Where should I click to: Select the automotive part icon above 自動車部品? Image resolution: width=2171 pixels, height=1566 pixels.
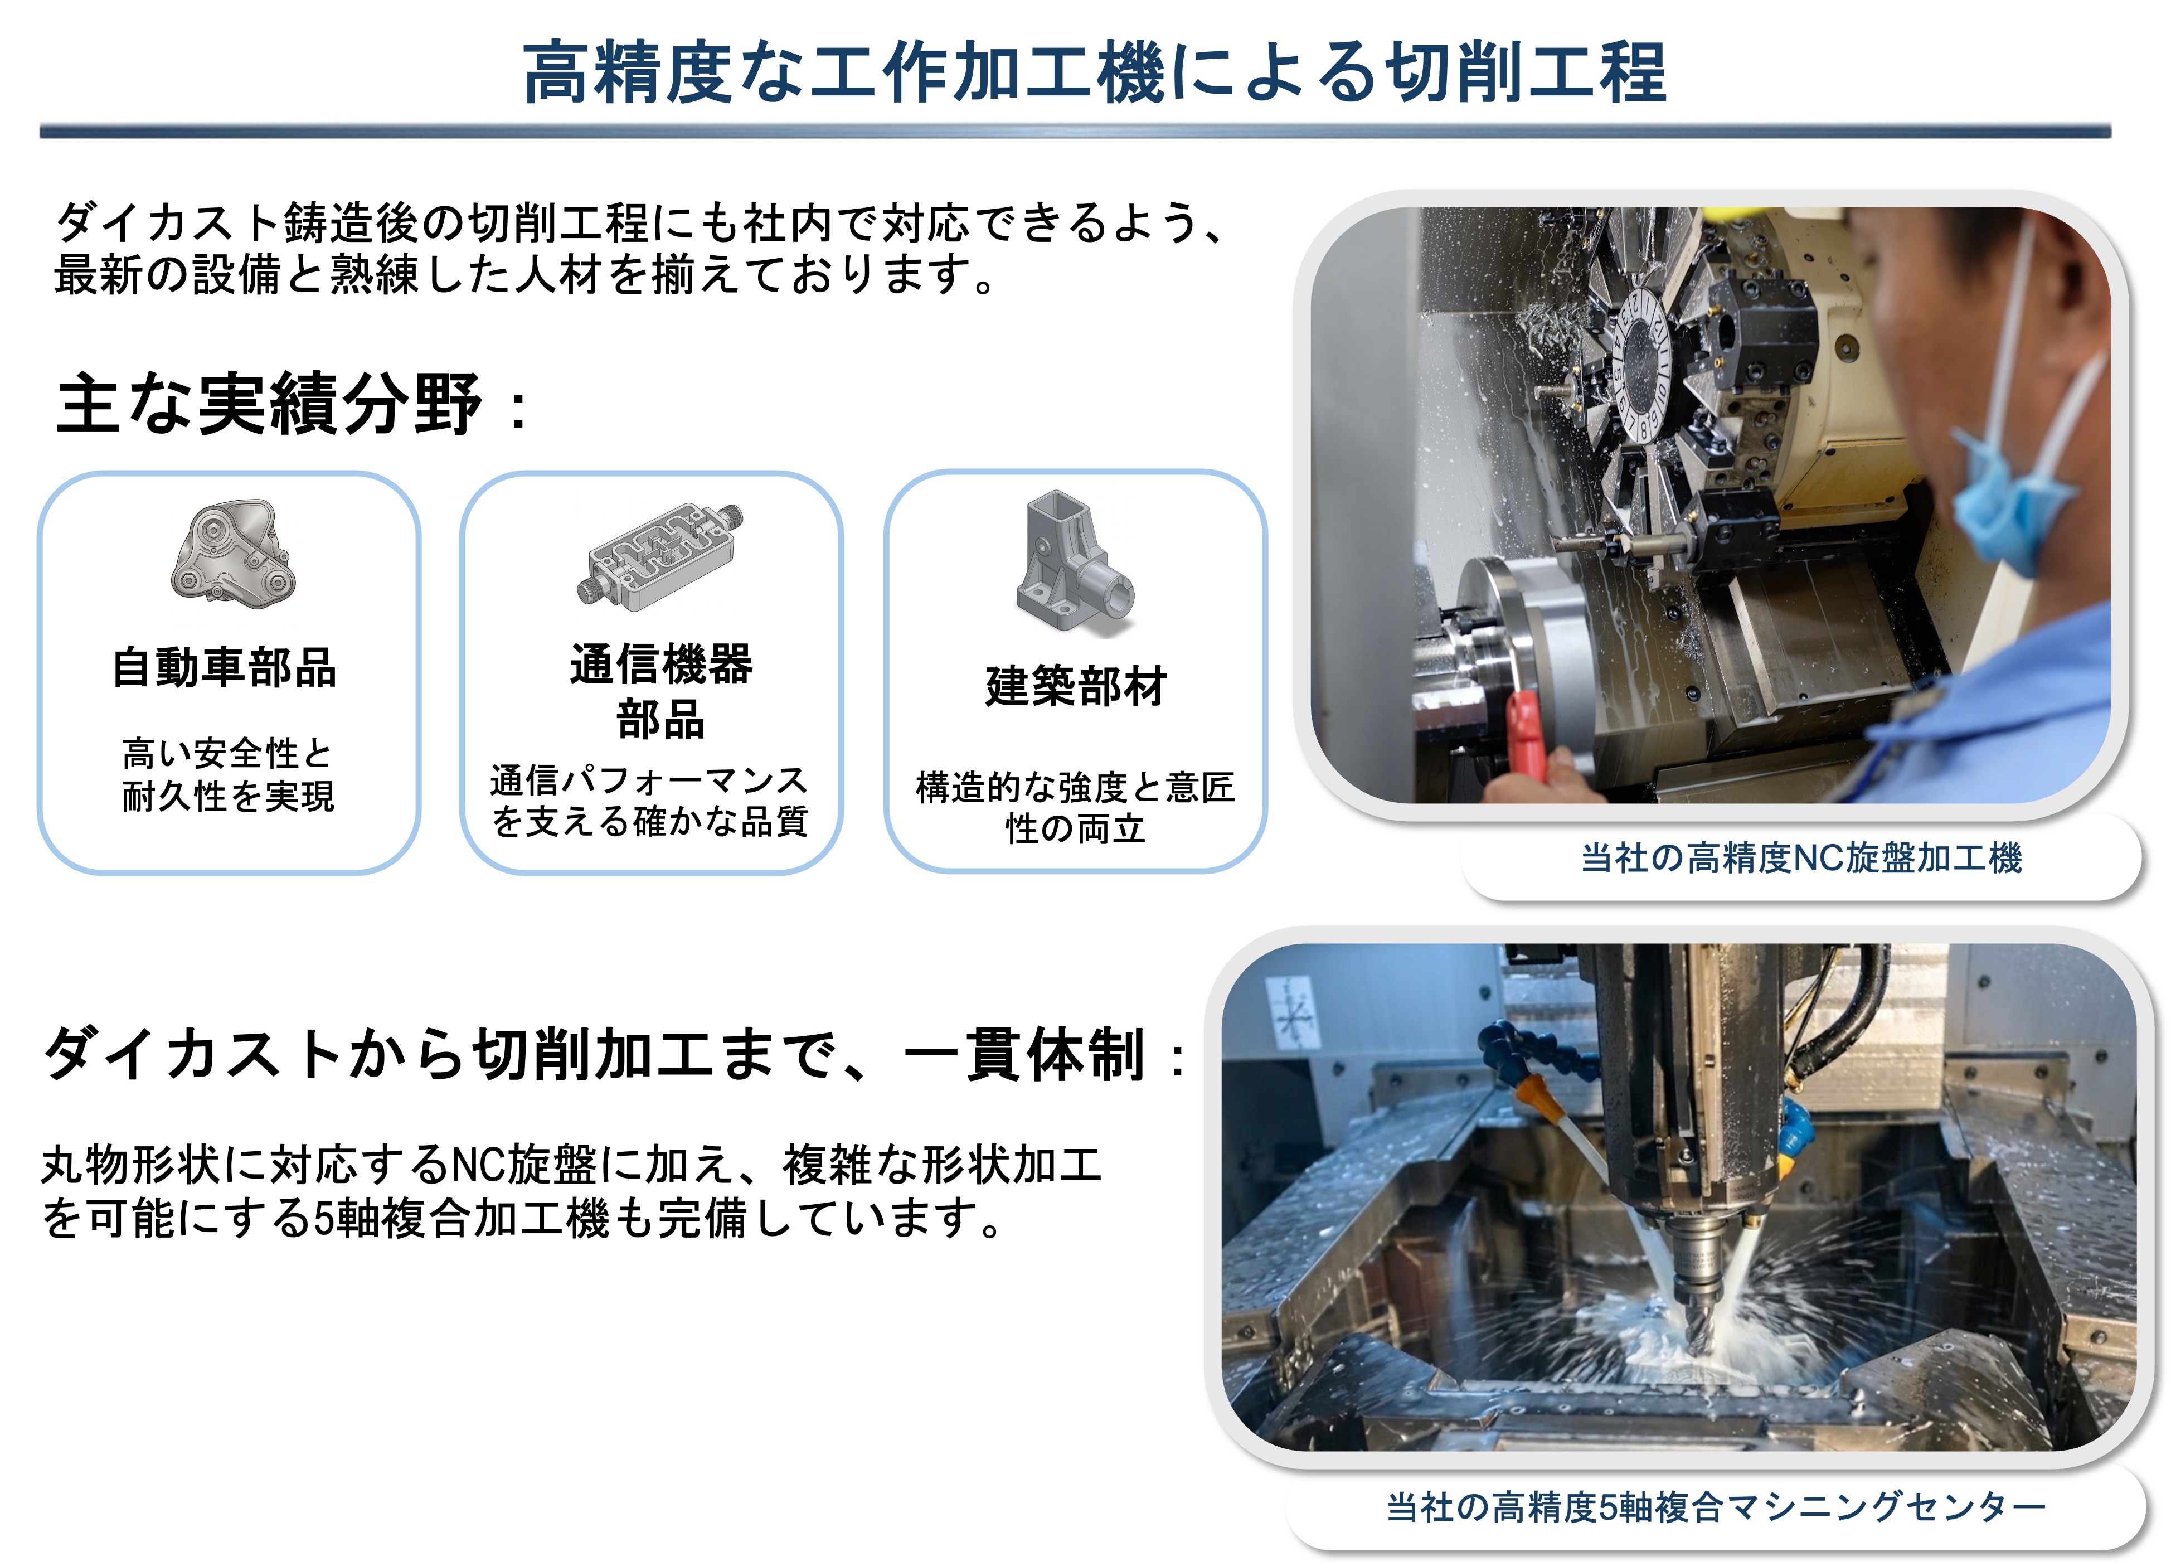[234, 550]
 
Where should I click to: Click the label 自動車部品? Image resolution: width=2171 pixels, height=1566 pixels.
[225, 667]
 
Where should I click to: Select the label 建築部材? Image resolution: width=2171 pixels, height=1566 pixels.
[1076, 686]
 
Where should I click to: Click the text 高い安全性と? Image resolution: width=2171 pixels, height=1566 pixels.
[227, 753]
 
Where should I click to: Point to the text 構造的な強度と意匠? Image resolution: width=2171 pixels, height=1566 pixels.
[1075, 787]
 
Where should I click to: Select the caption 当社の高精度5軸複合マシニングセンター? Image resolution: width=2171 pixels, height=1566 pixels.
[1716, 1507]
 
